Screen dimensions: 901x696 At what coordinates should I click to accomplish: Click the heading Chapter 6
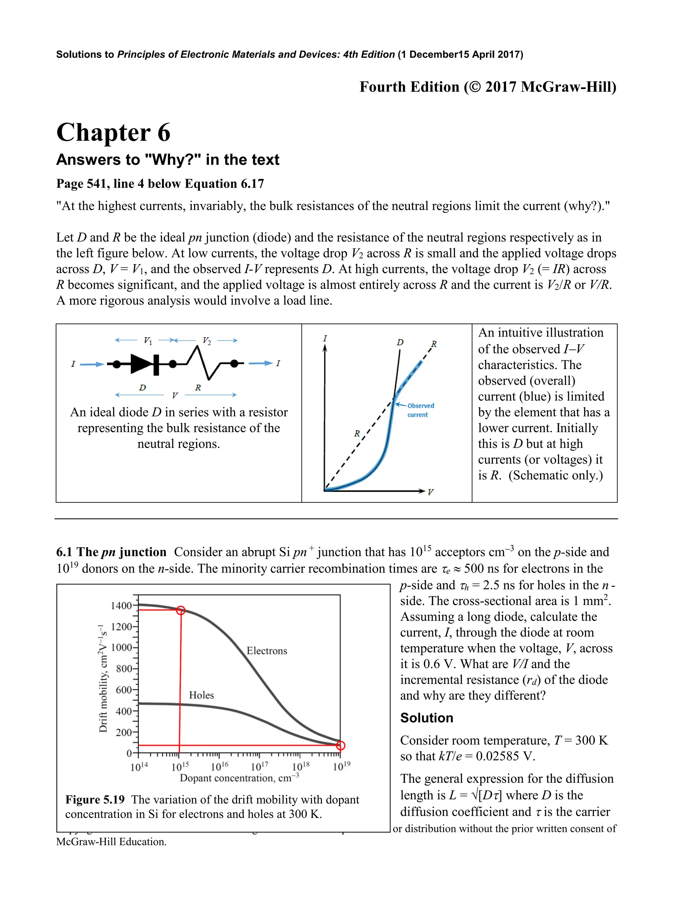click(113, 133)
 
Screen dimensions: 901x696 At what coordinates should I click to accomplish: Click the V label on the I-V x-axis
click(430, 492)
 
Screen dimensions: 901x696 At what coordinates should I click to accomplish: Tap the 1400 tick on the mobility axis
click(121, 606)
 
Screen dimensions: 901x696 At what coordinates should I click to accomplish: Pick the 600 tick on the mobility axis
click(124, 690)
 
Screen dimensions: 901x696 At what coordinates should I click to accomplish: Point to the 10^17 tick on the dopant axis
click(260, 766)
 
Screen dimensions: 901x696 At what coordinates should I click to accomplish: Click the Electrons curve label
click(266, 651)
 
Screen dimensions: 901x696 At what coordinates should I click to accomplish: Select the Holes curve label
click(201, 695)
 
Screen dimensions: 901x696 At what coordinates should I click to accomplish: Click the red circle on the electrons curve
click(180, 610)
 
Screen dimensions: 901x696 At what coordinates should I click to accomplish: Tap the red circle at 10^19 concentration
click(341, 745)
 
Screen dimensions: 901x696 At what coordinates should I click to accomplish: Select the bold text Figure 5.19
click(95, 799)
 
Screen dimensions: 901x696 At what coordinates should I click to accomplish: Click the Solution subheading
click(427, 718)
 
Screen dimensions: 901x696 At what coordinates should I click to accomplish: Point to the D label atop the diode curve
click(400, 342)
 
